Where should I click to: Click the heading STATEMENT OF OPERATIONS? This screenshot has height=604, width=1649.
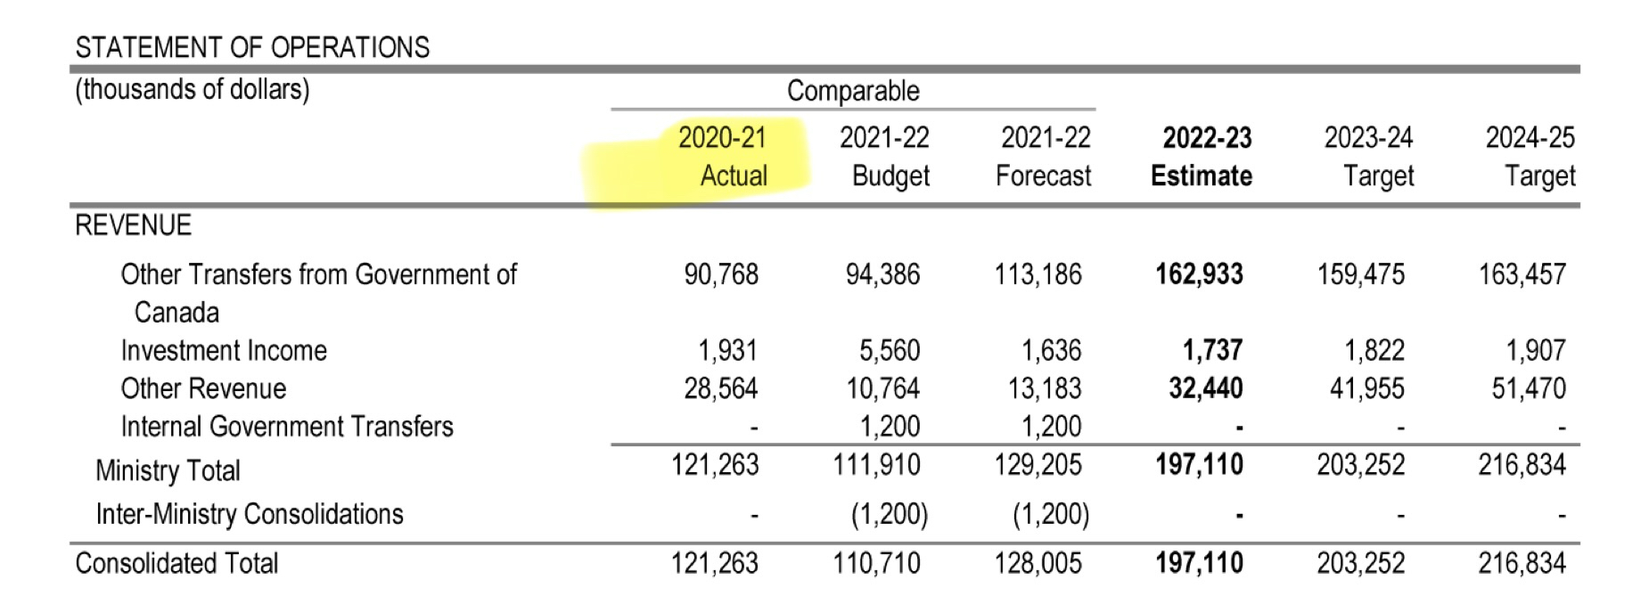click(x=252, y=47)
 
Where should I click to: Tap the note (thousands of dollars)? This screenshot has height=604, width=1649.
click(x=193, y=90)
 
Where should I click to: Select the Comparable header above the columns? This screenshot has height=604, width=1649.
click(x=853, y=91)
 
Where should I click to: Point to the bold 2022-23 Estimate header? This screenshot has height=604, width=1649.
click(x=1203, y=157)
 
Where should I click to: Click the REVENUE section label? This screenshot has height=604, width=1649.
click(x=133, y=225)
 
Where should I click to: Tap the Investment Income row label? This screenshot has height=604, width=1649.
click(x=224, y=351)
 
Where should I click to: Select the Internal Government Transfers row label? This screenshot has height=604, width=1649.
click(x=287, y=427)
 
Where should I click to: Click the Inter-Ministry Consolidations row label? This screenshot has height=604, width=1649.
click(x=250, y=514)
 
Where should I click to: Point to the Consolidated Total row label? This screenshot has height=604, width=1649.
click(x=176, y=563)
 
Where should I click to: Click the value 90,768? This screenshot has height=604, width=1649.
click(x=721, y=274)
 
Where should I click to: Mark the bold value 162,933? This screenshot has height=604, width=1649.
click(x=1199, y=274)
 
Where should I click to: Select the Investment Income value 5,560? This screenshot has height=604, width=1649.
click(x=890, y=351)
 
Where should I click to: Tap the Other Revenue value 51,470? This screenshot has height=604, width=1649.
click(x=1529, y=388)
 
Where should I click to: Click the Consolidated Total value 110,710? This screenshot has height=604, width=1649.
click(x=876, y=563)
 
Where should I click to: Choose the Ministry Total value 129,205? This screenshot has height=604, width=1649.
click(x=1038, y=465)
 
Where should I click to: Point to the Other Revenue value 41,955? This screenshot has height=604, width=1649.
click(x=1366, y=388)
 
